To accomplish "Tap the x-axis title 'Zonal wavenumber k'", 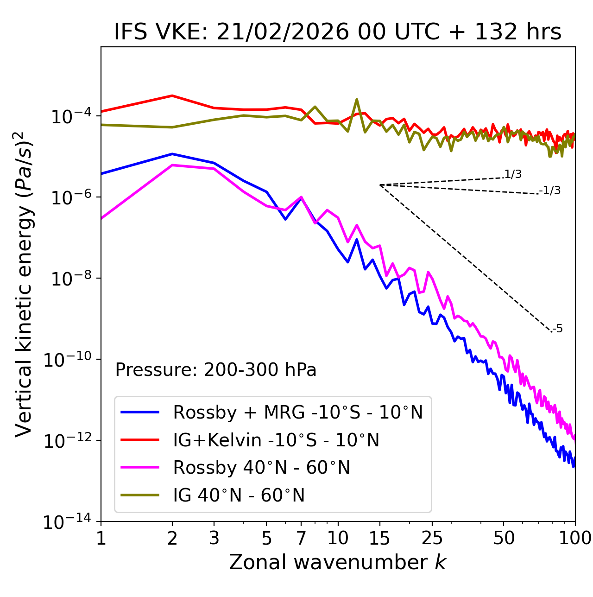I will point(337,562).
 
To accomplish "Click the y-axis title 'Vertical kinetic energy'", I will point(24,284).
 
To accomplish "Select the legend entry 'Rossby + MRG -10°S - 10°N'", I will point(297,412).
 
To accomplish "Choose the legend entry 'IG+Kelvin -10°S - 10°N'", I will point(276,440).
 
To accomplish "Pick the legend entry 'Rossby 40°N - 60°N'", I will point(261,468).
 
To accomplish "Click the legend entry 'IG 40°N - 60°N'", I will point(239,495).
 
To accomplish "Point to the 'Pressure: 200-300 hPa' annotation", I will point(216,370).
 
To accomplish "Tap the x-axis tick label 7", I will point(301,538).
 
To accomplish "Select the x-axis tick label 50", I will point(504,538).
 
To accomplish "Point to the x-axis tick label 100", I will point(574,538).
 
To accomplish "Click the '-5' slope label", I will point(557,329).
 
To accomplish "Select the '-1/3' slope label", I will point(550,191).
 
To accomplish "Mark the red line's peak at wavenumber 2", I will point(172,95).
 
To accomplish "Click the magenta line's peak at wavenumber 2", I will point(172,165).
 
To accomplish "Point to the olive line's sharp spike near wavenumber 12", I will point(357,99).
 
